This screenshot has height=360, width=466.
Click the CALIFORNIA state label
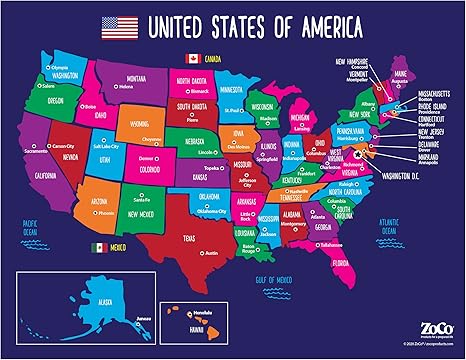[x=46, y=174]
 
